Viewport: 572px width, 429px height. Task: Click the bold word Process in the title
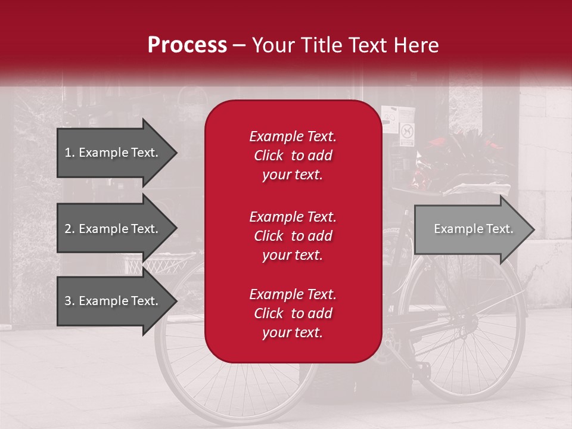(x=187, y=45)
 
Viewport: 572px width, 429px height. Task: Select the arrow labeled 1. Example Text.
(x=113, y=153)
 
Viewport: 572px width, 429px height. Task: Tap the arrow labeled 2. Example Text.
(x=113, y=229)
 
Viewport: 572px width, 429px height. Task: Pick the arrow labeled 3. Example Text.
(x=113, y=301)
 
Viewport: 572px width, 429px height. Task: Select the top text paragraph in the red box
(x=293, y=156)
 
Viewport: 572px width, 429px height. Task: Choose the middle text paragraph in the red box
(x=293, y=236)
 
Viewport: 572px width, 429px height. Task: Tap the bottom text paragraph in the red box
(x=293, y=313)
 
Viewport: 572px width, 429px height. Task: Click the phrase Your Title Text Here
(x=345, y=45)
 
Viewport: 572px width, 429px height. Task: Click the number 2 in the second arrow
(x=68, y=229)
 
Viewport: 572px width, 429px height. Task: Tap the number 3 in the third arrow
(x=68, y=301)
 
